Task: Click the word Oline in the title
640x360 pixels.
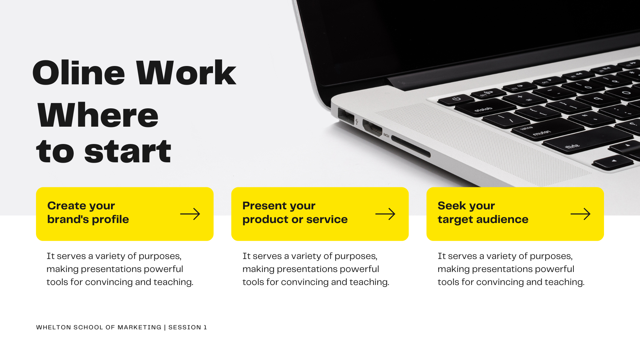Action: (79, 73)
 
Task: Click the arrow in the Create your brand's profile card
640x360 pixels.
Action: (190, 214)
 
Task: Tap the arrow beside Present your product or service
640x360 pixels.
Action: (385, 214)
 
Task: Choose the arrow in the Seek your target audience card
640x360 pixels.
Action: (581, 214)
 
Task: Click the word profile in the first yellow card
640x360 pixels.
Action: (110, 220)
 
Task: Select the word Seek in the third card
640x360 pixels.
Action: (452, 206)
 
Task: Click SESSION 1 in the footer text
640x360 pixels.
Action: (188, 327)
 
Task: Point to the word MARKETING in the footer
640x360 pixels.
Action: (139, 327)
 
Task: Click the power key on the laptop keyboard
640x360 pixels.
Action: (456, 99)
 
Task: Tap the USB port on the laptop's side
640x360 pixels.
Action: (346, 116)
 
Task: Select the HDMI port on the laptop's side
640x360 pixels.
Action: (372, 128)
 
